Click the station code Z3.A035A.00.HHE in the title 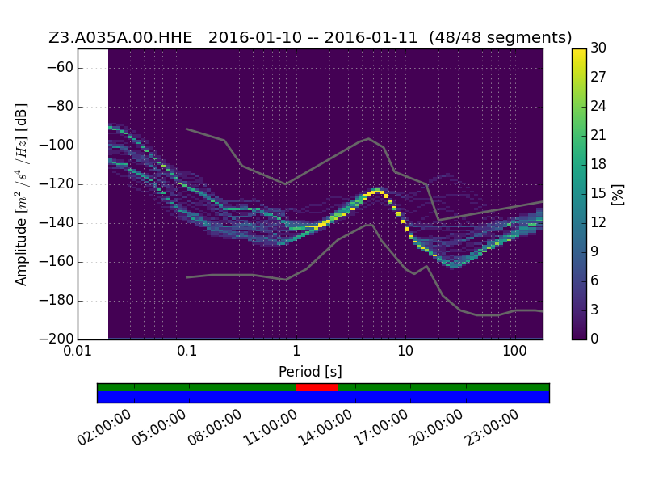point(120,37)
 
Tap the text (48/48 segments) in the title point(500,37)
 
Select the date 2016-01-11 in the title point(371,37)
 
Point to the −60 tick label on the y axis point(60,68)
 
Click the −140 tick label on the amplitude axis point(56,223)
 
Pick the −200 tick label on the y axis point(56,339)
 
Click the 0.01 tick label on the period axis point(78,351)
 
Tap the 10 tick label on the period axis point(405,351)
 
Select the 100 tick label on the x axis point(514,351)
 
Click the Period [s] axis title point(310,372)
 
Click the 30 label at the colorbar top point(598,48)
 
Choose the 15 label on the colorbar point(598,193)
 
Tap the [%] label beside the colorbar point(618,194)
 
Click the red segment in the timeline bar point(317,387)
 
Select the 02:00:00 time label point(104,428)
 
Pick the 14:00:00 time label point(325,428)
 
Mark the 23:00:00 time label point(491,428)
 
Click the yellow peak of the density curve point(378,192)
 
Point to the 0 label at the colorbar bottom point(594,339)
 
